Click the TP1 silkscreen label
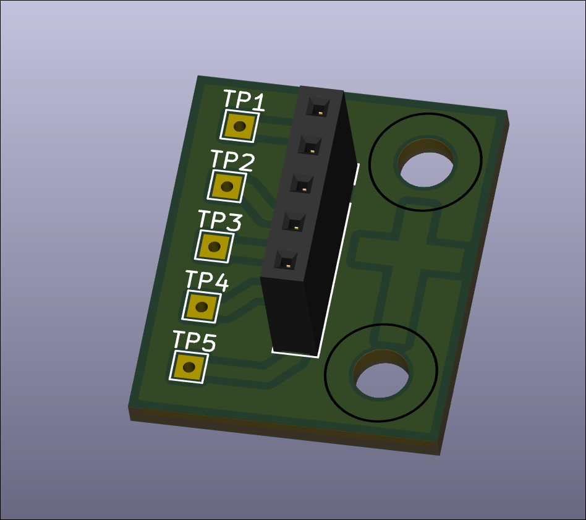(244, 100)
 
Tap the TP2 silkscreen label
(232, 160)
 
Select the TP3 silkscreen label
(220, 220)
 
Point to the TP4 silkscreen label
(207, 280)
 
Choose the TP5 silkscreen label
(194, 341)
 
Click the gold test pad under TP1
(240, 126)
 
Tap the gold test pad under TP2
(227, 186)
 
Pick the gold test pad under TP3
(214, 246)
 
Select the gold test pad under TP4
(202, 307)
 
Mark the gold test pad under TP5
(189, 367)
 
